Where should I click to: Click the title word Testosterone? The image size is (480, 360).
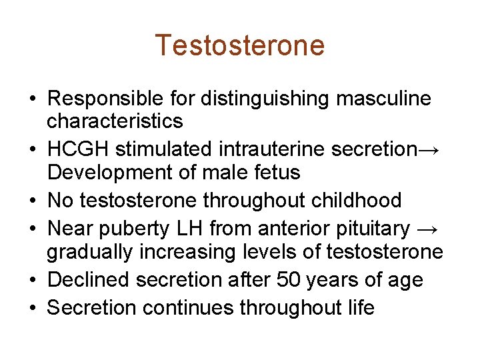(240, 45)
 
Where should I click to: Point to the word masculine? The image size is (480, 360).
(383, 99)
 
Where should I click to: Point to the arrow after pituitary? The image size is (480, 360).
(427, 229)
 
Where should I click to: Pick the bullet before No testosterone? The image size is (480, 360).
(33, 201)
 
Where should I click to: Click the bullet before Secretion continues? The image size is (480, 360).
(33, 308)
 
